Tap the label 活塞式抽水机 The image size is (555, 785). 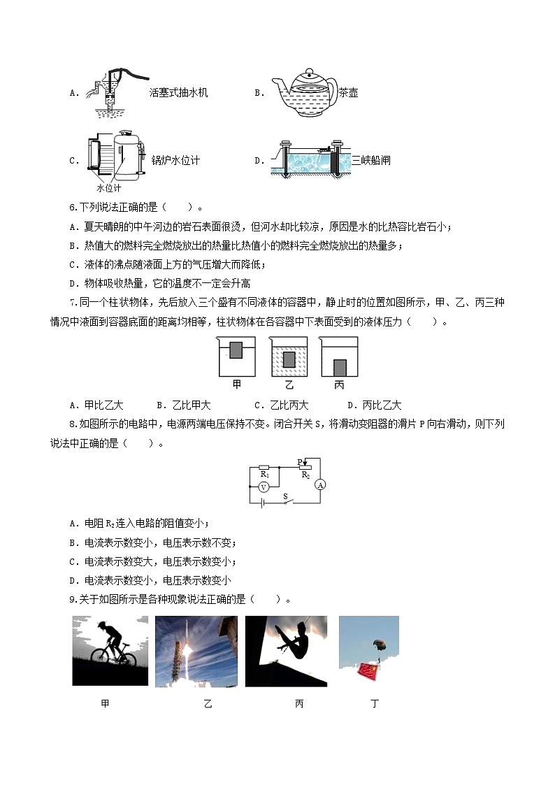point(178,92)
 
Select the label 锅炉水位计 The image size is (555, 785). point(175,160)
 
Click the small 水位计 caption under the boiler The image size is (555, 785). point(108,187)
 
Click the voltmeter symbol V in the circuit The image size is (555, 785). point(264,486)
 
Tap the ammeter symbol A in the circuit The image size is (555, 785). point(320,484)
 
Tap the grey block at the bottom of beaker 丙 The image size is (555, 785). point(339,368)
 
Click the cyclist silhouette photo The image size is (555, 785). point(110,651)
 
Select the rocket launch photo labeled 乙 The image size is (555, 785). point(196,651)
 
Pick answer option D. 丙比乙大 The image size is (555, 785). point(374,405)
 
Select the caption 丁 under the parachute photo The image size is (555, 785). point(375,703)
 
